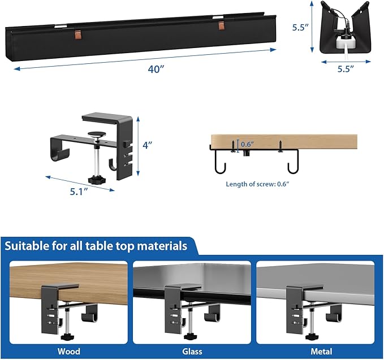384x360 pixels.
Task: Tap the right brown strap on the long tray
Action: [221, 27]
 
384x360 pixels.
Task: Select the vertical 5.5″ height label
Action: [299, 27]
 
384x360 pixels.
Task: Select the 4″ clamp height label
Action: [148, 145]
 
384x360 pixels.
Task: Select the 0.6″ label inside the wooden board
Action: [248, 144]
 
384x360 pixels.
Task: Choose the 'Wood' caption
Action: [68, 351]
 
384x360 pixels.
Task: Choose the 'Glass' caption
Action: [192, 351]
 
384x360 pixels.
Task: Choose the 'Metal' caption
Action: [316, 351]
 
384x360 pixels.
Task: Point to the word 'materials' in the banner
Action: [159, 246]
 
